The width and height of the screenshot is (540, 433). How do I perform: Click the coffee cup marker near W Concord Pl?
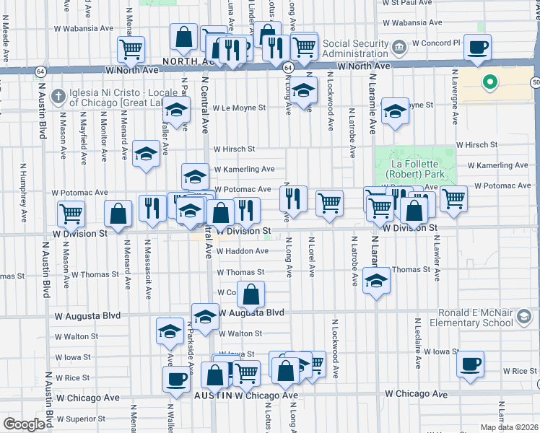pyautogui.click(x=476, y=48)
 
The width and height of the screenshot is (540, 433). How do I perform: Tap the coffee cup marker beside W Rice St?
pyautogui.click(x=471, y=364)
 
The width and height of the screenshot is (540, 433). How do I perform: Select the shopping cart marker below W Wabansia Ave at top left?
pyautogui.click(x=131, y=49)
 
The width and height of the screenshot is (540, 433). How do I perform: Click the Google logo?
pyautogui.click(x=24, y=424)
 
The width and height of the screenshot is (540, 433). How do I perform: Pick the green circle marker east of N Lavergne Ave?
pyautogui.click(x=490, y=82)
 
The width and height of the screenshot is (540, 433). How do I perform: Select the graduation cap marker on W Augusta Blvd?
pyautogui.click(x=205, y=316)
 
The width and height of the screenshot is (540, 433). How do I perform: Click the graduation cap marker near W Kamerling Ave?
pyautogui.click(x=194, y=175)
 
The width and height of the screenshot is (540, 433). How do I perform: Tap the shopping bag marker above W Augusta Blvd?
pyautogui.click(x=251, y=294)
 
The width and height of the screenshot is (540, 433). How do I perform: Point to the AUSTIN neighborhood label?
pyautogui.click(x=213, y=396)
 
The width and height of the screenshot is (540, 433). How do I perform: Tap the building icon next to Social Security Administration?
pyautogui.click(x=398, y=49)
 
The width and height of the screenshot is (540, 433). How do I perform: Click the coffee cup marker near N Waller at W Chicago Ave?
pyautogui.click(x=175, y=379)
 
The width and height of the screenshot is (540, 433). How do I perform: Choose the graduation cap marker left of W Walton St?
pyautogui.click(x=170, y=331)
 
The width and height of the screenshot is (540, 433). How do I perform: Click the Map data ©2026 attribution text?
pyautogui.click(x=508, y=427)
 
